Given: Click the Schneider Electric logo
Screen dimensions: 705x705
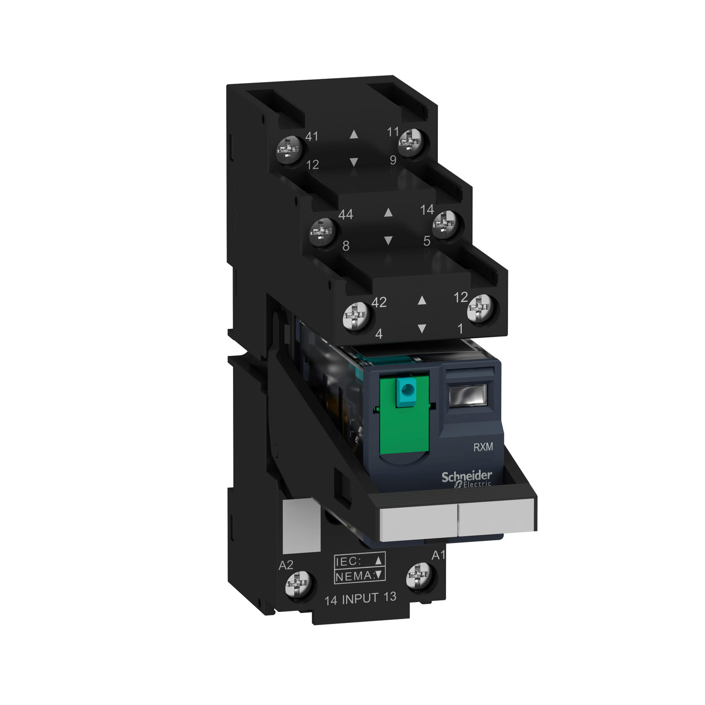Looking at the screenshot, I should click(x=466, y=478).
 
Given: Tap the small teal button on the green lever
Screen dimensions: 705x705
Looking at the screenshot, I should click(x=406, y=392).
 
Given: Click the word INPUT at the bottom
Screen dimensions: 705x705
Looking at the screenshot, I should click(x=361, y=599).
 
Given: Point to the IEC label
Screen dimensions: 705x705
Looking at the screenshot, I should click(x=348, y=562).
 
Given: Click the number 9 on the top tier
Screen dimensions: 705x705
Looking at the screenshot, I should click(x=393, y=160).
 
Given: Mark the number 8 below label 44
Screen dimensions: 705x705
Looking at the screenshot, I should click(x=346, y=246).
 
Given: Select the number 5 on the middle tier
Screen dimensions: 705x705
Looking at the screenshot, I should click(x=426, y=241).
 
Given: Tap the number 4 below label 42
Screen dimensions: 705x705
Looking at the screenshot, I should click(x=379, y=334).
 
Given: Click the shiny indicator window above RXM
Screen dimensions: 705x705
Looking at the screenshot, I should click(x=469, y=395).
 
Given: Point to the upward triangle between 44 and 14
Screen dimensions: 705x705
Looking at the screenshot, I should click(x=388, y=212).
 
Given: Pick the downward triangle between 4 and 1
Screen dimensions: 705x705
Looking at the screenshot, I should click(x=422, y=328).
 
